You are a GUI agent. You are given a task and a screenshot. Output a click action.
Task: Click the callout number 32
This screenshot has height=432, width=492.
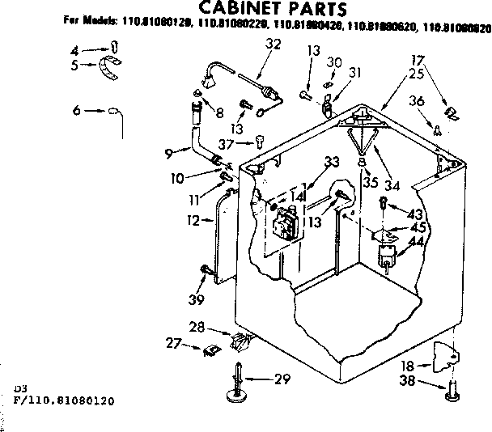pyautogui.click(x=273, y=44)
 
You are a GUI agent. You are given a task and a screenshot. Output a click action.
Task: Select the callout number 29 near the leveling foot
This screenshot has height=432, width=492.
pyautogui.click(x=282, y=379)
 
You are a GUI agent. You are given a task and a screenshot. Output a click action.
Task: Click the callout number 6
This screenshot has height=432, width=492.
pyautogui.click(x=76, y=110)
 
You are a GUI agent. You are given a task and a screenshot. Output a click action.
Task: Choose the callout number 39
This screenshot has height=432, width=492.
pyautogui.click(x=195, y=300)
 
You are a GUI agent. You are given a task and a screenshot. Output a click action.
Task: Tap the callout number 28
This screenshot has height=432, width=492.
pyautogui.click(x=197, y=326)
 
